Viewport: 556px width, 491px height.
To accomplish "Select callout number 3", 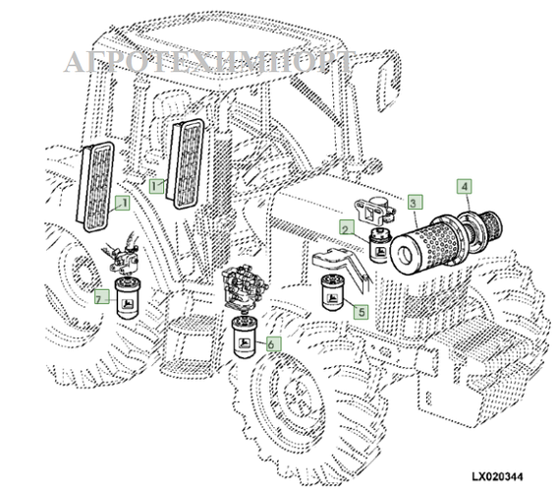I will tap(416, 204).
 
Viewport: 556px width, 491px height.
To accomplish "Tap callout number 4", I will tap(463, 184).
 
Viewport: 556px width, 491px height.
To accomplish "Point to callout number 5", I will tap(361, 313).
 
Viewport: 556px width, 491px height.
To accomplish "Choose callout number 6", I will tap(273, 345).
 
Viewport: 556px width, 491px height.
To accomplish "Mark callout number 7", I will tap(99, 298).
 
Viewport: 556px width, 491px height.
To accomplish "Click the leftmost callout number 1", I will tap(123, 205).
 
